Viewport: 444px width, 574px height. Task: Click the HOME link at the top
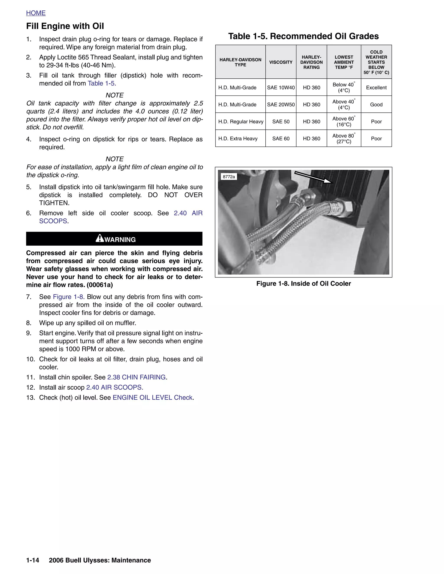coord(36,13)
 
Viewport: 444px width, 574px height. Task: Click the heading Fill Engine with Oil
coord(65,26)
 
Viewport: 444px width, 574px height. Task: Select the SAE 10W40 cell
coord(281,88)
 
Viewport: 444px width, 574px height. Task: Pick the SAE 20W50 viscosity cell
coord(281,105)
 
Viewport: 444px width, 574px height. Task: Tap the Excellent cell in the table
coord(376,88)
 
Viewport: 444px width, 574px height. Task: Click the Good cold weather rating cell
coord(376,105)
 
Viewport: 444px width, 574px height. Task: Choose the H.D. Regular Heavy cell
coord(241,122)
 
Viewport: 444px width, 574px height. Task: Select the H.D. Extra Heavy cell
coord(238,138)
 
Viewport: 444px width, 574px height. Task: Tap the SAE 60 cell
coord(281,138)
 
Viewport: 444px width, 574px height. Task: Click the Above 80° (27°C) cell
coord(344,138)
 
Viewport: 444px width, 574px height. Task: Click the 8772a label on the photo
coord(229,177)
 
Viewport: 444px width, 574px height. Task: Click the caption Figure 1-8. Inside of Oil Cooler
coord(304,284)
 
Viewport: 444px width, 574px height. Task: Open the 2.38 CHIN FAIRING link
coord(136,377)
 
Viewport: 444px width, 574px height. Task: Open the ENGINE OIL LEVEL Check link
coord(153,397)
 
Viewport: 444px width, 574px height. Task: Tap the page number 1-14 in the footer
coord(33,560)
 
